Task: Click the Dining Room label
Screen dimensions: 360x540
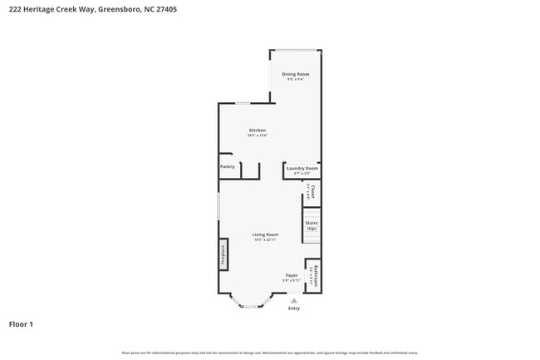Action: click(295, 75)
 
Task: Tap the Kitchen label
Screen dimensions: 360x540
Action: click(258, 131)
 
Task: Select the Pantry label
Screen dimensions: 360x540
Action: click(228, 166)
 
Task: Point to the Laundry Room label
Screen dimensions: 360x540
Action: click(302, 168)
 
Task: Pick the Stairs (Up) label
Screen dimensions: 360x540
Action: click(312, 225)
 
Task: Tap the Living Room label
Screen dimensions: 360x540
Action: click(266, 234)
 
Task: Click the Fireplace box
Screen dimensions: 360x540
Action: click(223, 254)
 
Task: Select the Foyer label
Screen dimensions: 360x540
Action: click(292, 275)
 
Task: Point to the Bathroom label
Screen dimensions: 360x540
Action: click(316, 274)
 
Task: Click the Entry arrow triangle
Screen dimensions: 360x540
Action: click(293, 300)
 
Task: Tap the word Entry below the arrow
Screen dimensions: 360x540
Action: click(293, 308)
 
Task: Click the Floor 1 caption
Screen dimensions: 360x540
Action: click(21, 323)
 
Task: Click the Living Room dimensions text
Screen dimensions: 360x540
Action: click(266, 239)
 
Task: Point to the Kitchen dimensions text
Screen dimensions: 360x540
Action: click(258, 136)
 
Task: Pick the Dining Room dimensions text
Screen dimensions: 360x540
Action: click(295, 80)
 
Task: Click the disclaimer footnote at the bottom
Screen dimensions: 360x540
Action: click(270, 353)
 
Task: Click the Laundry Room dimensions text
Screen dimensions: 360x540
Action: click(302, 173)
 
